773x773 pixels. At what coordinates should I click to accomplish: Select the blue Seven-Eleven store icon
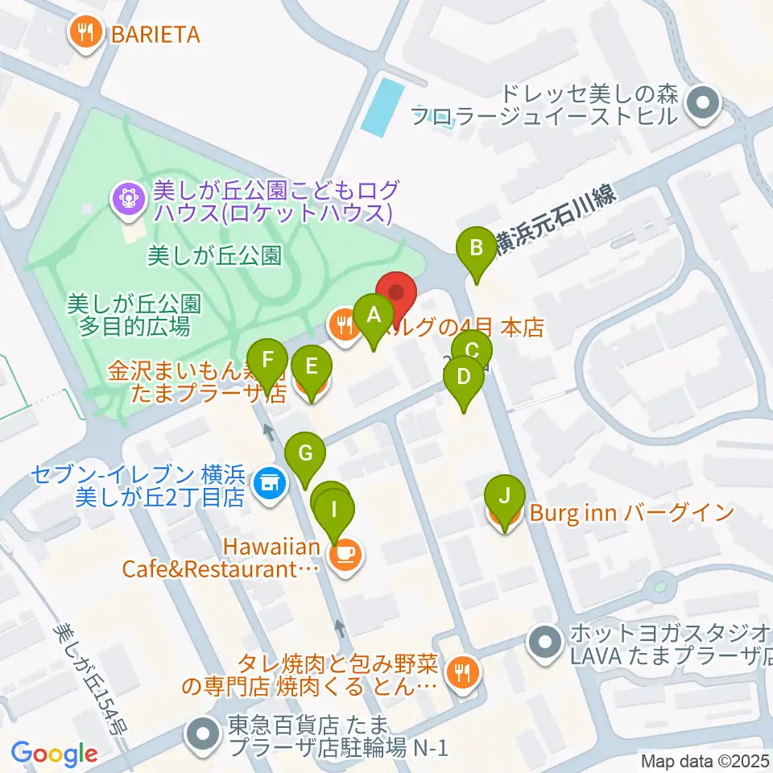click(267, 485)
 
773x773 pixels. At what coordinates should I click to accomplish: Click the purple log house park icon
click(126, 196)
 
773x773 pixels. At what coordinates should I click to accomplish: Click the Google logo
click(54, 754)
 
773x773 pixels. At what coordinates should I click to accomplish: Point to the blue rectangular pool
click(381, 105)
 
